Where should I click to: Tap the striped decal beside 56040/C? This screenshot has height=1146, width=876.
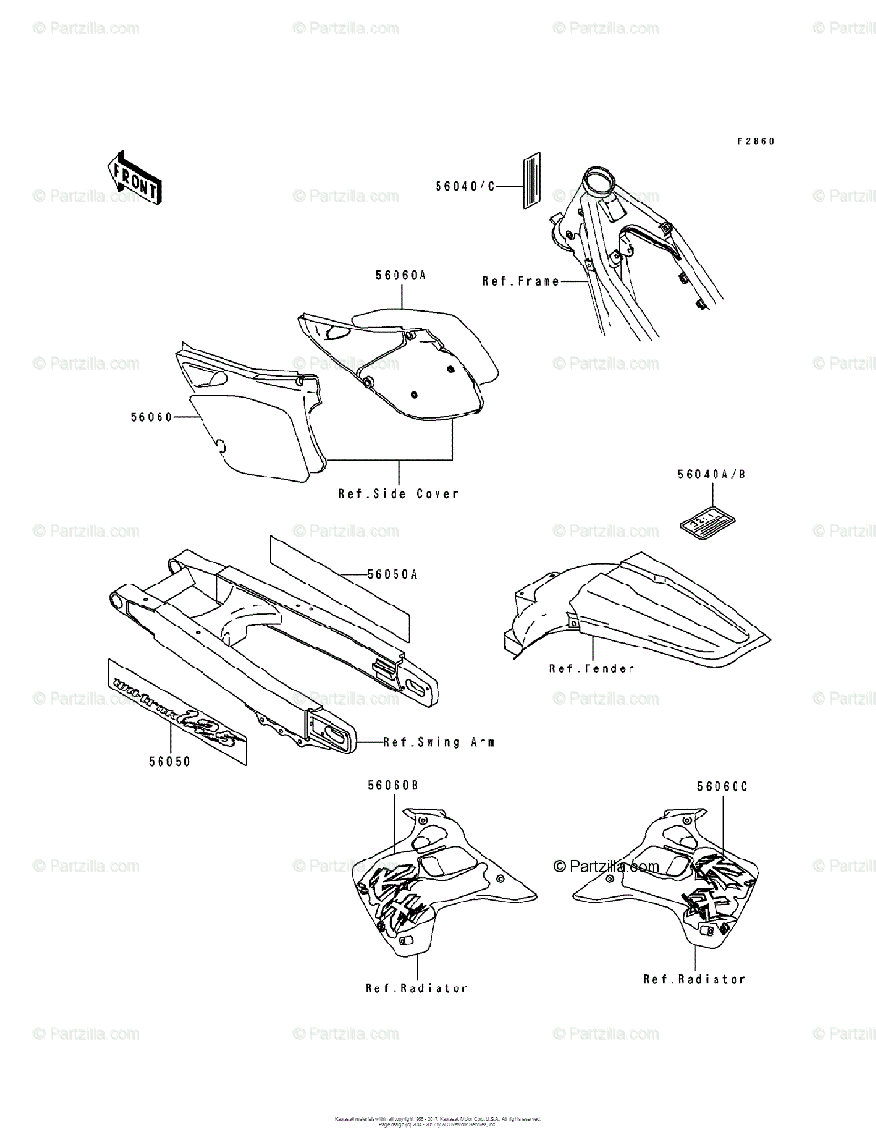(531, 180)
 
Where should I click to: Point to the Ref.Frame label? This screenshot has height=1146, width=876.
(521, 281)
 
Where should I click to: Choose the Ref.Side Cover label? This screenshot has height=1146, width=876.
(397, 494)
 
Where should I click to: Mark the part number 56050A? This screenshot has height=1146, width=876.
(393, 575)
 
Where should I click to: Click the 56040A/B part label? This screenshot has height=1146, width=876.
(712, 474)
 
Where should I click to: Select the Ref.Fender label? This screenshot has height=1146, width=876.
(591, 668)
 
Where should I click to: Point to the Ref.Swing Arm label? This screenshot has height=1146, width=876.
(438, 742)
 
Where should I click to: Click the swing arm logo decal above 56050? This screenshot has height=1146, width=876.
(179, 708)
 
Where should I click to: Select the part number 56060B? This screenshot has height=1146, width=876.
(393, 785)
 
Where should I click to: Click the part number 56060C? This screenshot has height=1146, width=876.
(721, 785)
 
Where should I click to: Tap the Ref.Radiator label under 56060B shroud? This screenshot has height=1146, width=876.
(417, 987)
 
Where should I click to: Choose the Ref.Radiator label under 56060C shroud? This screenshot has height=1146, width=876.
(694, 979)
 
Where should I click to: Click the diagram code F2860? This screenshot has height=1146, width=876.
(755, 141)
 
